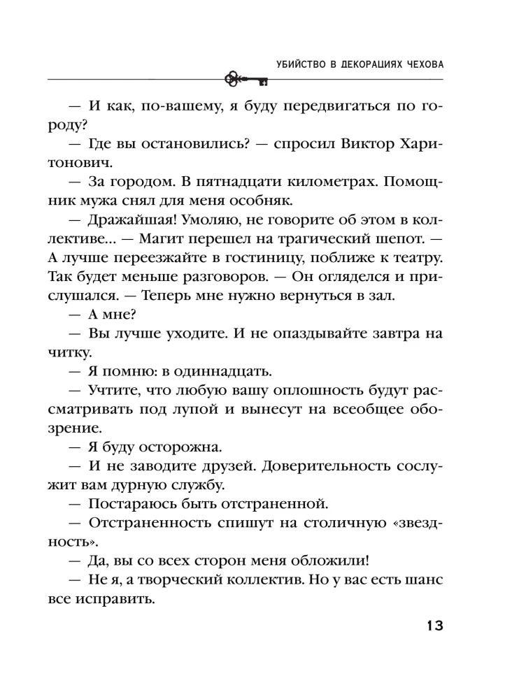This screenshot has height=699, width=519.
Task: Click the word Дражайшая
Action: pyautogui.click(x=127, y=219)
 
